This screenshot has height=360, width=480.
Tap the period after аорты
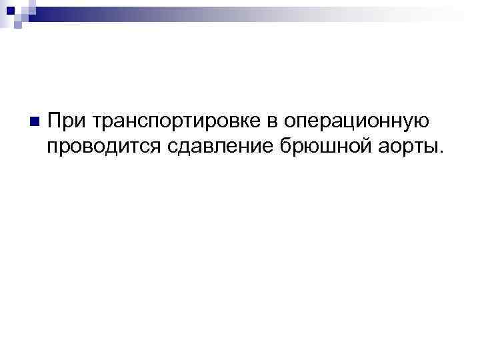(439, 150)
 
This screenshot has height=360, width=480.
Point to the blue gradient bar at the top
(267, 11)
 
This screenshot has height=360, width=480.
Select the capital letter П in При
(55, 121)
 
